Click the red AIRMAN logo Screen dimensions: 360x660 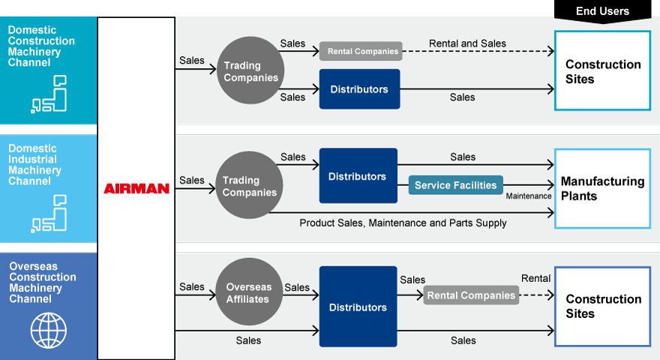136,189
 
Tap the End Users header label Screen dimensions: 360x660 602,11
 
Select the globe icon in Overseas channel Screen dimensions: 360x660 48,330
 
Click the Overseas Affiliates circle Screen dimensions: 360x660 250,292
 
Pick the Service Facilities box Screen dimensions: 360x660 455,185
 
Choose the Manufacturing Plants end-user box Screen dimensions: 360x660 602,189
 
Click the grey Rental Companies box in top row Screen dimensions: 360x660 361,52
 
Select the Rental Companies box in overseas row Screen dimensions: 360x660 471,295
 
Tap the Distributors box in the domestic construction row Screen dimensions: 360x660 359,89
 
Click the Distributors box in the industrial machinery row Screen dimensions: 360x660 358,176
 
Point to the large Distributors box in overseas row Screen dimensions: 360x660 358,307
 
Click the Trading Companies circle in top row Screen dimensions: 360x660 250,72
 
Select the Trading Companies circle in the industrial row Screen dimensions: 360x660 250,186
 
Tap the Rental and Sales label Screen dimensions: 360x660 467,43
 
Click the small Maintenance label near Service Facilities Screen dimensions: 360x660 528,196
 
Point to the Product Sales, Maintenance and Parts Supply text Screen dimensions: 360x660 403,223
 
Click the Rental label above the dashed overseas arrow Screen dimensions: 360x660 535,278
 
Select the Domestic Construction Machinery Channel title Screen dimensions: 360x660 41,46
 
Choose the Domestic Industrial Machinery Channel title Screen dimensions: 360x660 41,164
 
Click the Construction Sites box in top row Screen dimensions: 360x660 602,71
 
